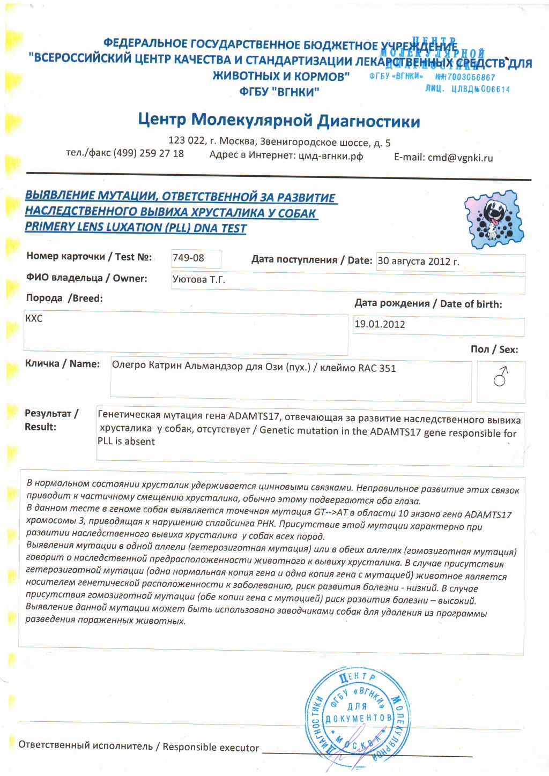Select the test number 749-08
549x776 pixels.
pyautogui.click(x=188, y=258)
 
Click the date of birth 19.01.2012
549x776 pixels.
pyautogui.click(x=380, y=324)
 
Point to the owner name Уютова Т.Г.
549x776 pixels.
pyautogui.click(x=198, y=279)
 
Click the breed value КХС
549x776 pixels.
pyautogui.click(x=34, y=318)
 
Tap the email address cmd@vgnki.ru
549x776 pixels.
pyautogui.click(x=460, y=158)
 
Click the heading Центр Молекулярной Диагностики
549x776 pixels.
pyautogui.click(x=279, y=120)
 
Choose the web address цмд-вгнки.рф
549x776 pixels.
pyautogui.click(x=330, y=156)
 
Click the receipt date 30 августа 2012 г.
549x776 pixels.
pyautogui.click(x=418, y=262)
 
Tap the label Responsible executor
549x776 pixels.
pyautogui.click(x=211, y=747)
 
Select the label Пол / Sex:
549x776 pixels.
pyautogui.click(x=494, y=349)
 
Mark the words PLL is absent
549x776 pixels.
pyautogui.click(x=126, y=442)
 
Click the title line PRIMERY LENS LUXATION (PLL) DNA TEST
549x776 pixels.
pyautogui.click(x=136, y=227)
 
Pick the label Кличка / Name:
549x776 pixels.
pyautogui.click(x=62, y=364)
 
